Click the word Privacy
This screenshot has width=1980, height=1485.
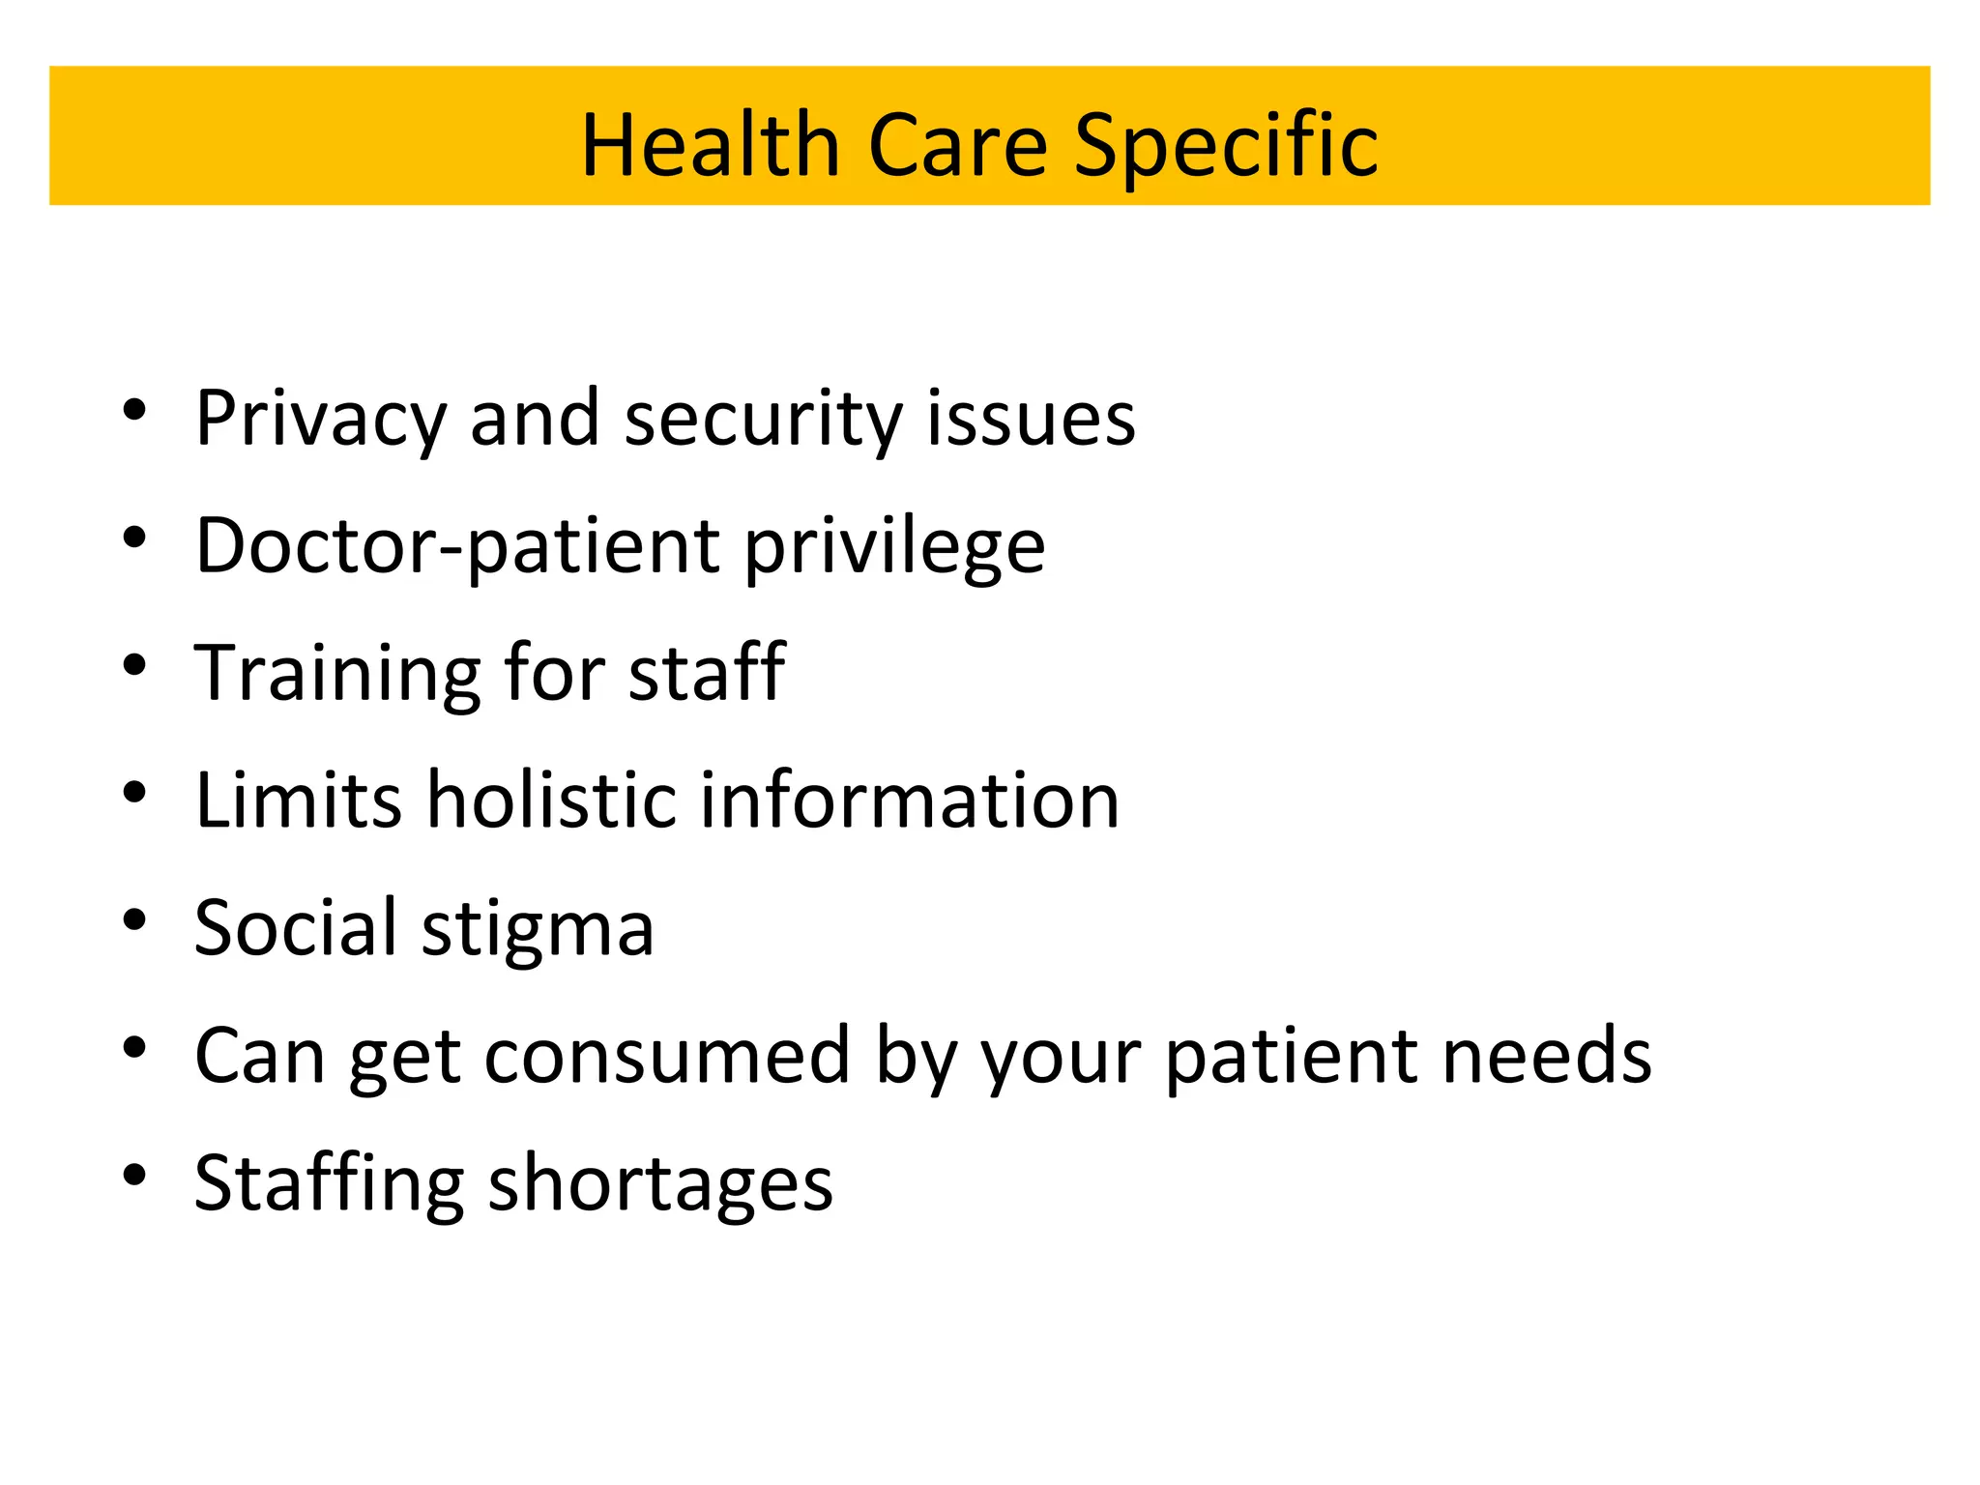[320, 420]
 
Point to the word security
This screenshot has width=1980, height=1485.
[763, 420]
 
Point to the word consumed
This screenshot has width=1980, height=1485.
[667, 1056]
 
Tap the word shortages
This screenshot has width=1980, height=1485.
[660, 1183]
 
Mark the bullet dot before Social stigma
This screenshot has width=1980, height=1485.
[134, 918]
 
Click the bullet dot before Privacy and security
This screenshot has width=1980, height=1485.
[134, 409]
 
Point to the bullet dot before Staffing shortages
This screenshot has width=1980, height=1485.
[134, 1174]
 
